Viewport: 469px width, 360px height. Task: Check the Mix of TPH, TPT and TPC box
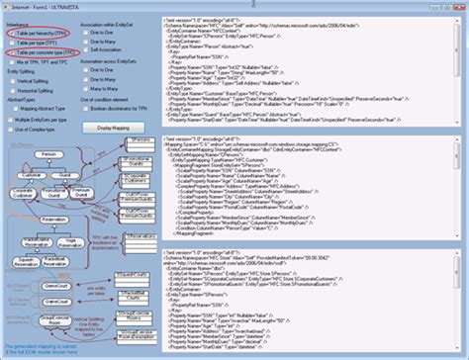[12, 61]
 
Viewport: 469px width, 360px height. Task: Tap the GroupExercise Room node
[49, 318]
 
